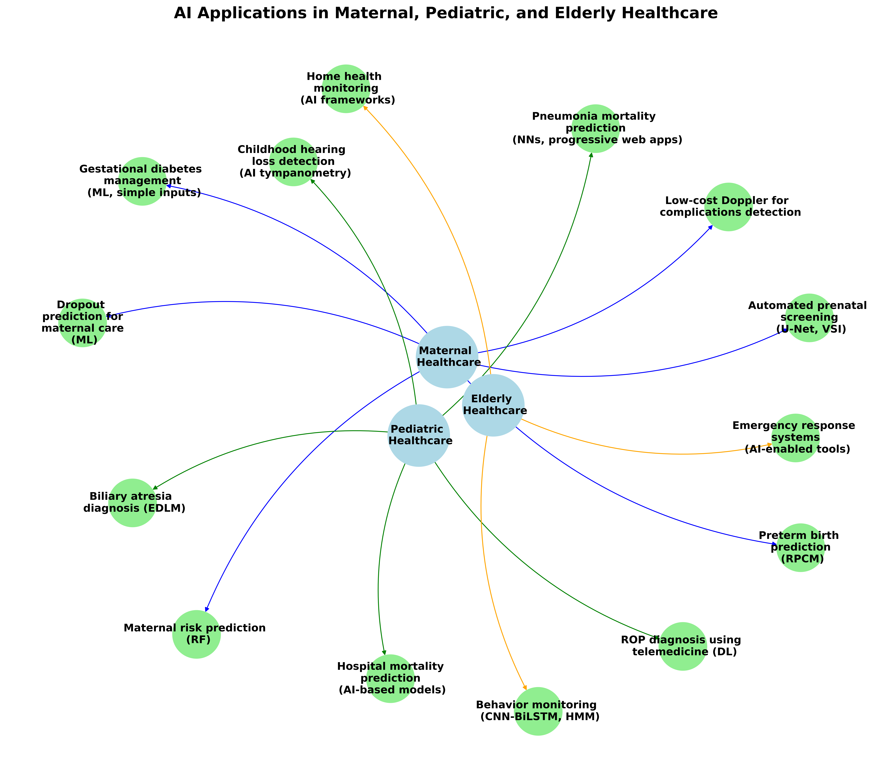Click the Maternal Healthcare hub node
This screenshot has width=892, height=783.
tap(447, 357)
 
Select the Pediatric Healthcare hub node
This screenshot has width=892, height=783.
tap(418, 435)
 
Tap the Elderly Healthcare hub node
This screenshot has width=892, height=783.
tap(493, 405)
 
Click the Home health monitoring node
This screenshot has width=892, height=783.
tap(346, 89)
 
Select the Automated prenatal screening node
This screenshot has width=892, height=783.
tap(809, 318)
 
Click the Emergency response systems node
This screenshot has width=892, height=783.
tap(795, 438)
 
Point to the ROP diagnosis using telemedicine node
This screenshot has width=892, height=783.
tap(683, 646)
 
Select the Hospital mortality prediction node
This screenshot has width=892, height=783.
tap(390, 678)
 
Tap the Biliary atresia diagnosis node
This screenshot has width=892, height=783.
tap(132, 503)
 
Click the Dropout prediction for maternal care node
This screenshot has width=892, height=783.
tap(82, 323)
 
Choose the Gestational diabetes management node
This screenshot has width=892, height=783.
tap(142, 181)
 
